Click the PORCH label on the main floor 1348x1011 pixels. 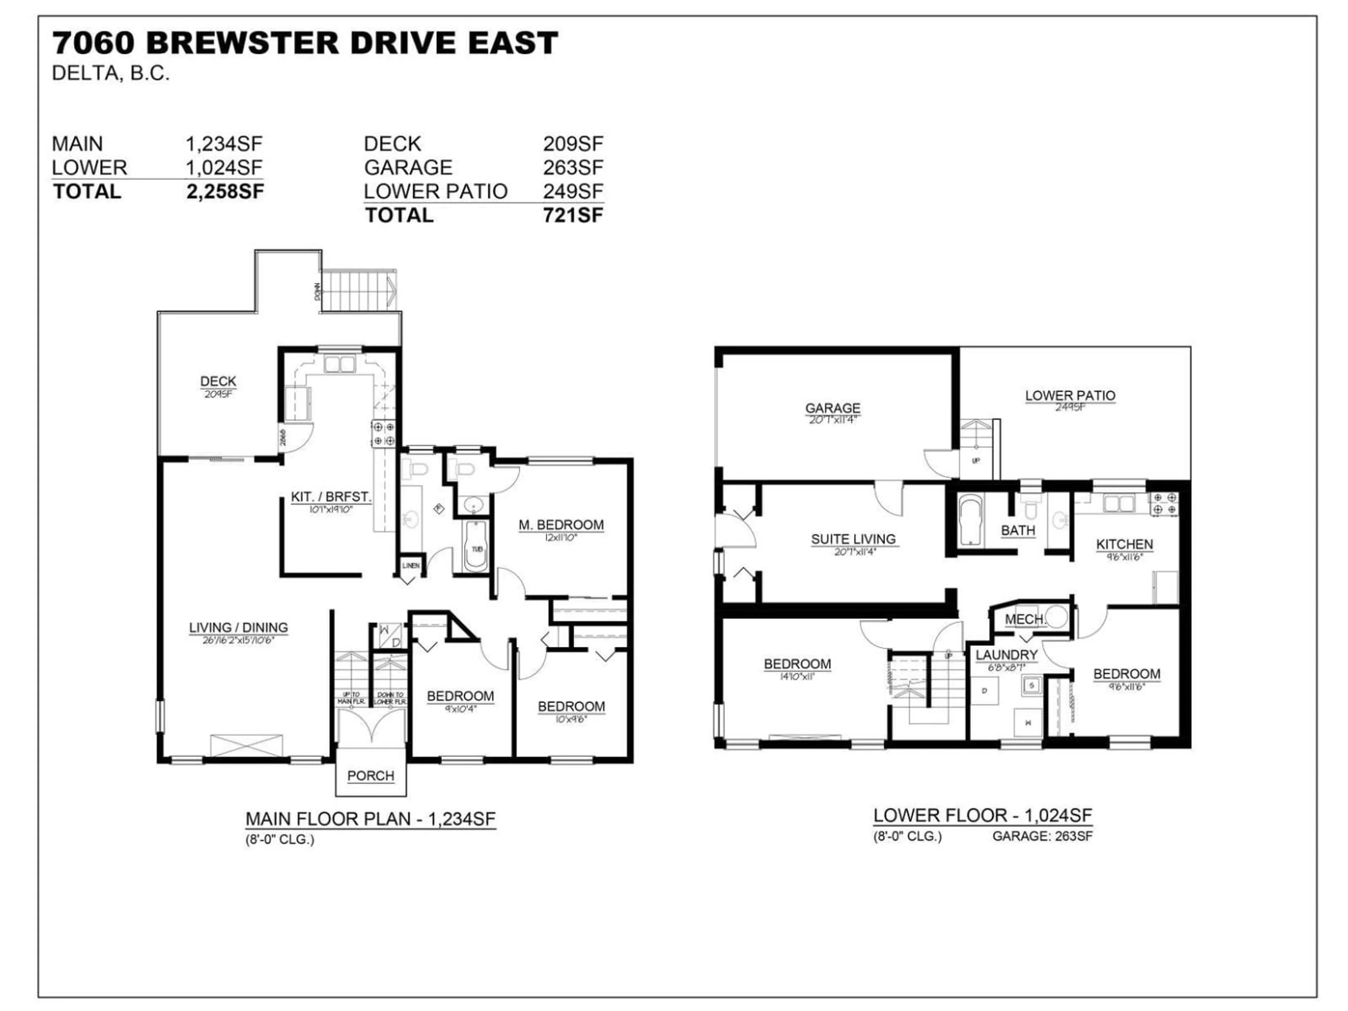[370, 776]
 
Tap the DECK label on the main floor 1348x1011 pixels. [218, 382]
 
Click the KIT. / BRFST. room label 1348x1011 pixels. [331, 497]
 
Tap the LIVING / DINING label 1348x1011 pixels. [238, 627]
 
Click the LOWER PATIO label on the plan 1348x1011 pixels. [1070, 396]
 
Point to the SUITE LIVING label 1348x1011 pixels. [853, 539]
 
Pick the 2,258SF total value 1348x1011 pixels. [225, 191]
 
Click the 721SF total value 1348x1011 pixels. [573, 215]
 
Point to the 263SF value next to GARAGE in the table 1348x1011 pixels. [573, 167]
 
